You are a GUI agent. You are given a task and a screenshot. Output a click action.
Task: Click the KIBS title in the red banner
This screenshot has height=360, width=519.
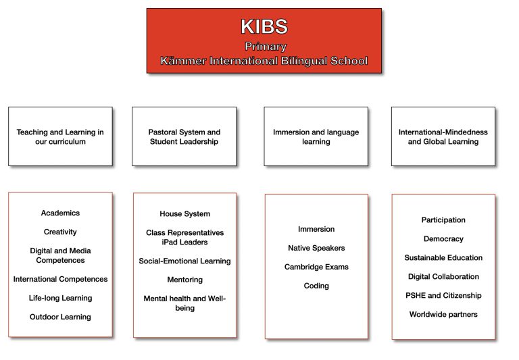pyautogui.click(x=264, y=26)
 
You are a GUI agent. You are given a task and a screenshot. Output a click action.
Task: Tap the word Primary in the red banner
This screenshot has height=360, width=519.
pyautogui.click(x=266, y=47)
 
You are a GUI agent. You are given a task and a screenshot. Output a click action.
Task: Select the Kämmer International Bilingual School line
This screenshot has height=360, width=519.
pyautogui.click(x=264, y=61)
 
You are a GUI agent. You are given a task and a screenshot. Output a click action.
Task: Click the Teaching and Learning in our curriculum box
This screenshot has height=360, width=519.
pyautogui.click(x=60, y=136)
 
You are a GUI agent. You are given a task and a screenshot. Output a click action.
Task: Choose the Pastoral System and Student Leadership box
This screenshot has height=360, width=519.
pyautogui.click(x=184, y=136)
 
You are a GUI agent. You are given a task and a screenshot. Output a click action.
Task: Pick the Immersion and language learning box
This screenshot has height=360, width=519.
pyautogui.click(x=316, y=136)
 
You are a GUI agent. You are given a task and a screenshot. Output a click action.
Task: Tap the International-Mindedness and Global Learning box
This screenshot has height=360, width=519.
pyautogui.click(x=443, y=136)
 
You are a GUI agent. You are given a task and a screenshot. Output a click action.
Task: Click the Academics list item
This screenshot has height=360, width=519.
pyautogui.click(x=60, y=213)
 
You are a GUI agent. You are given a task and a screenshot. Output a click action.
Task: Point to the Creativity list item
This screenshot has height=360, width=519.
pyautogui.click(x=60, y=232)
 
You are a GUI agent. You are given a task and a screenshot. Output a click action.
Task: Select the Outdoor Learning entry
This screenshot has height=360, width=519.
pyautogui.click(x=60, y=317)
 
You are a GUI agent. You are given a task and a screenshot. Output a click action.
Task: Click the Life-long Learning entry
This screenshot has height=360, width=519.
pyautogui.click(x=60, y=298)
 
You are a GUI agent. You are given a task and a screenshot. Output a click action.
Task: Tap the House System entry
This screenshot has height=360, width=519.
pyautogui.click(x=184, y=213)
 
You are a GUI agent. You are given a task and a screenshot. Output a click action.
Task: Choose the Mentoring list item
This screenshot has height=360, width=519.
pyautogui.click(x=184, y=280)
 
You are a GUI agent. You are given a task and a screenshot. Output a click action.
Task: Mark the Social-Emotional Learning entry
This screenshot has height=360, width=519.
pyautogui.click(x=184, y=261)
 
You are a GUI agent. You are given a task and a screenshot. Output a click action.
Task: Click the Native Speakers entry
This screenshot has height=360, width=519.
pyautogui.click(x=316, y=248)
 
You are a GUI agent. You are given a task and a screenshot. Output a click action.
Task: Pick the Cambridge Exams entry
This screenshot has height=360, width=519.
pyautogui.click(x=316, y=267)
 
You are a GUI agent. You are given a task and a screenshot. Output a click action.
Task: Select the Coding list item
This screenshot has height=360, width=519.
pyautogui.click(x=316, y=286)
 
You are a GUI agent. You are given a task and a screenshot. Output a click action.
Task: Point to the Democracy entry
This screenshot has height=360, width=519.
pyautogui.click(x=443, y=238)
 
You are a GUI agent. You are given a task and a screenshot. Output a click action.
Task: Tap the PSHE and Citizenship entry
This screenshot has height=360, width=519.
pyautogui.click(x=443, y=295)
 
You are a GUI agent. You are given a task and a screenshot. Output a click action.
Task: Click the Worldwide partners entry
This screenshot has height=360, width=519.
pyautogui.click(x=443, y=314)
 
